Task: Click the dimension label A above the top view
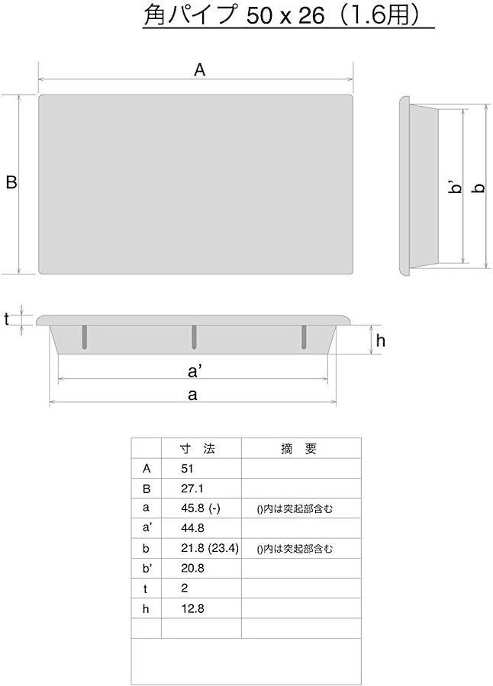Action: [199, 70]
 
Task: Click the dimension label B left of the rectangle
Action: [11, 182]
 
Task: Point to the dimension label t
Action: [7, 319]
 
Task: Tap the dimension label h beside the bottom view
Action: [380, 340]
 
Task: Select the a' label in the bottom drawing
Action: [195, 371]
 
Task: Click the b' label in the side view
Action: [456, 188]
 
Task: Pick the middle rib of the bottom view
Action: [194, 337]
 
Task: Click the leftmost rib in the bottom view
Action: [85, 337]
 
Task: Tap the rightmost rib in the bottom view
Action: [304, 337]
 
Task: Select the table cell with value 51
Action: [187, 469]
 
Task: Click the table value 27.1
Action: [192, 489]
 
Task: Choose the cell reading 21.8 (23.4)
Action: [210, 548]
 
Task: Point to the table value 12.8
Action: [193, 608]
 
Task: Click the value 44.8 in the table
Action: [193, 528]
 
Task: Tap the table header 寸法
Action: [198, 448]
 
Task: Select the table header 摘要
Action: [298, 448]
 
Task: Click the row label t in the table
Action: [146, 589]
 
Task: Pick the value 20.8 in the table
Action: [193, 569]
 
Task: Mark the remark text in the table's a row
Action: [295, 508]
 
